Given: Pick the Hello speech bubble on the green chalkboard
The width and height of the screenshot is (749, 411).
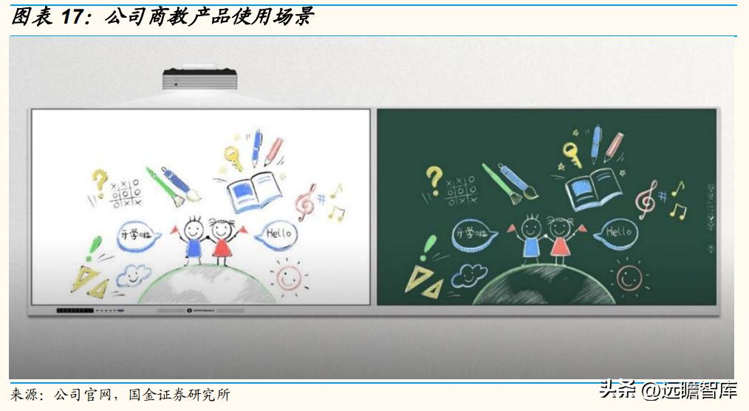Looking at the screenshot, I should (618, 233).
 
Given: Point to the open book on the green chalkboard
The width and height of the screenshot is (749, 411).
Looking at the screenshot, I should (593, 187).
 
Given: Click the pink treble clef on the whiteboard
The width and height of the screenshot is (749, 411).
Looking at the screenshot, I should (305, 201).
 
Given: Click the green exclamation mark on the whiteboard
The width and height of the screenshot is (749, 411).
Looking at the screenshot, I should (92, 249).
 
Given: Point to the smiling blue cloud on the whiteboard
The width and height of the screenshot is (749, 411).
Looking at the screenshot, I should (132, 275).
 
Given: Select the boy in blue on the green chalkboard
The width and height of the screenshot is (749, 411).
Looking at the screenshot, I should (530, 236).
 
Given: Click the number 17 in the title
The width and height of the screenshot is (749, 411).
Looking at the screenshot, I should (71, 17).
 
